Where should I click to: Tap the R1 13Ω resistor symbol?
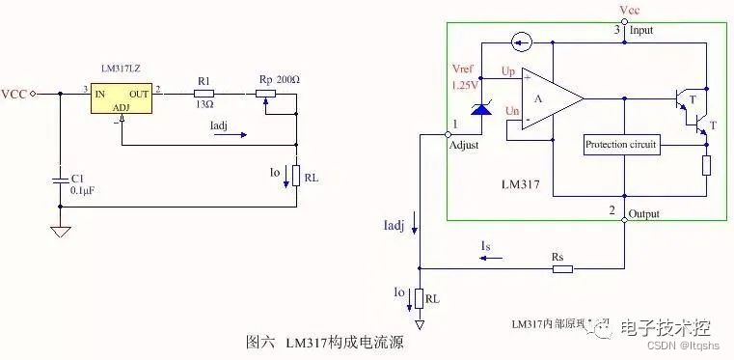pyautogui.click(x=203, y=94)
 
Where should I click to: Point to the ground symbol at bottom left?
pyautogui.click(x=61, y=232)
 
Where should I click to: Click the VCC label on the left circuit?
pyautogui.click(x=14, y=94)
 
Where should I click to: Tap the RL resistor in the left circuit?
pyautogui.click(x=295, y=178)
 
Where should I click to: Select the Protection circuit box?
pyautogui.click(x=621, y=145)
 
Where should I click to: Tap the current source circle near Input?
pyautogui.click(x=523, y=42)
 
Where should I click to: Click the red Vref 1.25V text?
pyautogui.click(x=465, y=77)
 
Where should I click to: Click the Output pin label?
pyautogui.click(x=644, y=212)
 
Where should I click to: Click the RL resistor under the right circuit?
pyautogui.click(x=420, y=299)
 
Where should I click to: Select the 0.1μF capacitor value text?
pyautogui.click(x=85, y=191)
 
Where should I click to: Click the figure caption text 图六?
pyautogui.click(x=263, y=343)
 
